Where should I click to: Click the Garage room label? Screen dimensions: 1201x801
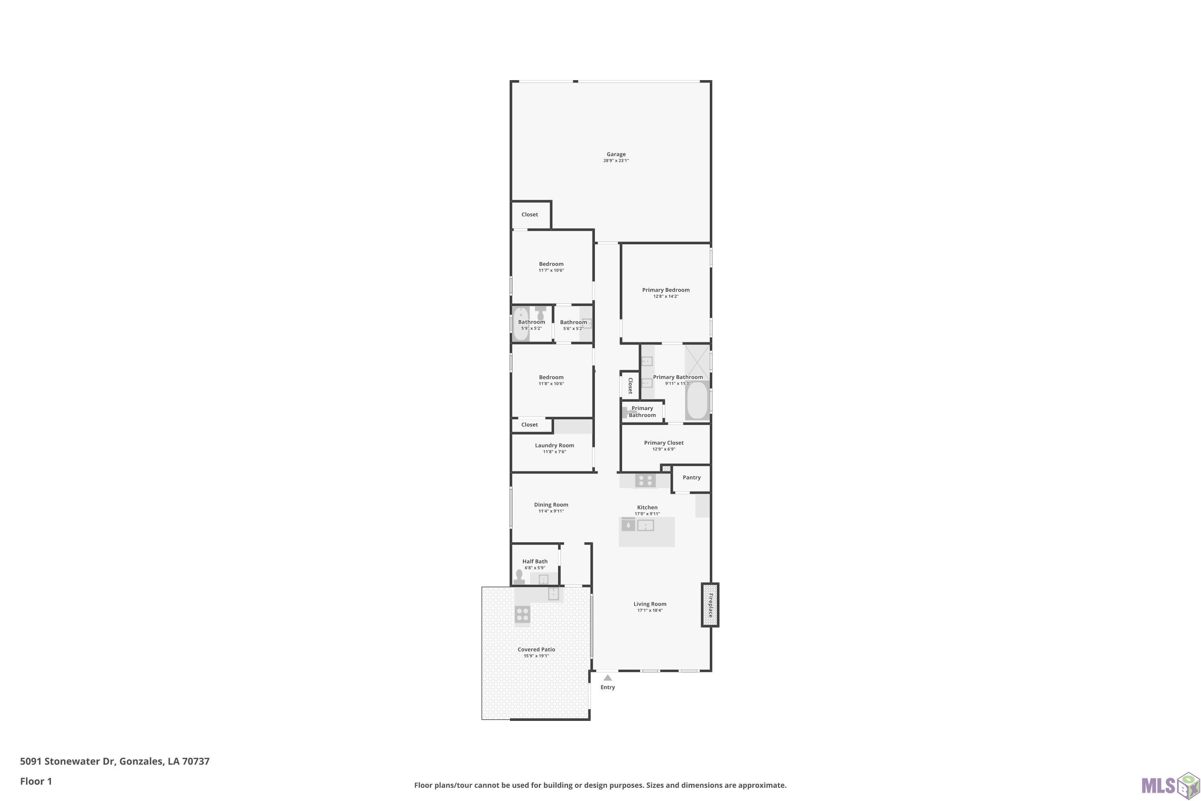(x=616, y=154)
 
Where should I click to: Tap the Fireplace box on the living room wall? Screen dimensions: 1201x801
(x=710, y=605)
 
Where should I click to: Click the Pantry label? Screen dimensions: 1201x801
(x=691, y=478)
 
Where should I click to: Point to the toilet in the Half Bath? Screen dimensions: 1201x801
(x=519, y=577)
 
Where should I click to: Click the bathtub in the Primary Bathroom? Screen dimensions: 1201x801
(x=697, y=400)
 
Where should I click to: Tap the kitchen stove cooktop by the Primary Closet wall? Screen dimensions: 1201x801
(x=645, y=481)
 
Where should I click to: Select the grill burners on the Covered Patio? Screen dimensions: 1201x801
(x=522, y=614)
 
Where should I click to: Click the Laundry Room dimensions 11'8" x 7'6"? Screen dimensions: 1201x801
(x=554, y=452)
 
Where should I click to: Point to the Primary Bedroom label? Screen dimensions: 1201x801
(x=666, y=290)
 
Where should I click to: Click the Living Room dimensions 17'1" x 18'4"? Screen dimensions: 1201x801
(x=650, y=610)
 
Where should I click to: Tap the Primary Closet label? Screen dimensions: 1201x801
(x=664, y=443)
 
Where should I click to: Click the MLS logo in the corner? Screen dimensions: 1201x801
(x=1170, y=784)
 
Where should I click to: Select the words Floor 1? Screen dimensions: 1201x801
(x=36, y=781)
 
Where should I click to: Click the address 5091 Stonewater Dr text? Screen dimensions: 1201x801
(x=67, y=761)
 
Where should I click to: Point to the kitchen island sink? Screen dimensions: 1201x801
(x=645, y=525)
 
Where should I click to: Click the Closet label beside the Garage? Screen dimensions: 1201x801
(x=530, y=215)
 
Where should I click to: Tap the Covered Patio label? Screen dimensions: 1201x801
(x=536, y=650)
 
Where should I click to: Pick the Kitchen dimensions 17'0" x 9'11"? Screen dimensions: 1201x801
(x=647, y=514)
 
